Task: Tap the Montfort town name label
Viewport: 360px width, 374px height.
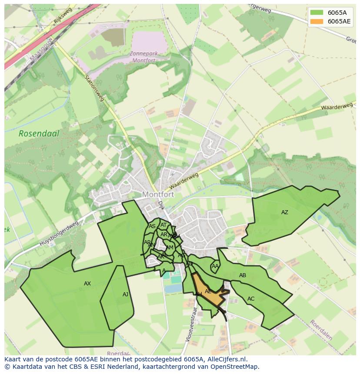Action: coord(158,195)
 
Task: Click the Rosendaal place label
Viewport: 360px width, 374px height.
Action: coord(39,133)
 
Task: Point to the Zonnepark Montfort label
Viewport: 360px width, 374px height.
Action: coord(143,57)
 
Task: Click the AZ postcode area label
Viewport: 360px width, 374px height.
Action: coord(284,212)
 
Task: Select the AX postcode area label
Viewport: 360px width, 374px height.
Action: coord(87,284)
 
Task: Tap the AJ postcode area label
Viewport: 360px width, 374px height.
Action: coord(125,295)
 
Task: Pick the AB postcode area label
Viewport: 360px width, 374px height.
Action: coord(243,275)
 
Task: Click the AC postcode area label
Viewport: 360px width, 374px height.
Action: coord(251,299)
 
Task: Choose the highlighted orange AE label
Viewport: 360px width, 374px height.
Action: coord(208,291)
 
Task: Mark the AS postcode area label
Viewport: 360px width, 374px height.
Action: coord(152,226)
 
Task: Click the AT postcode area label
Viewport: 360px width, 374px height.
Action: coord(163,225)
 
